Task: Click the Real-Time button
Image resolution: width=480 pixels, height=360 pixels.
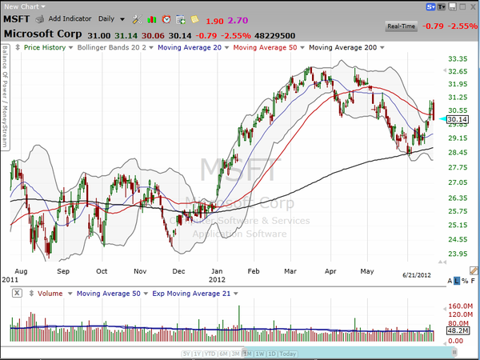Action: pyautogui.click(x=401, y=26)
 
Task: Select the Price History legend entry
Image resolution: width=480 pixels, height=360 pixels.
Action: pyautogui.click(x=44, y=48)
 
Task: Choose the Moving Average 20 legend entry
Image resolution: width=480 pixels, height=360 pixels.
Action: pyautogui.click(x=191, y=48)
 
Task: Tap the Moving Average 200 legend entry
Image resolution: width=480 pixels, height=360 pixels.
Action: pyautogui.click(x=344, y=48)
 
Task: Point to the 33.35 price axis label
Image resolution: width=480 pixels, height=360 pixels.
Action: pyautogui.click(x=458, y=59)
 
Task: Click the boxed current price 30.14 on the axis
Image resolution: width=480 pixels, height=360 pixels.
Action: pyautogui.click(x=458, y=119)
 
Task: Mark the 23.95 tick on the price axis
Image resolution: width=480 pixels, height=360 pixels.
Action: pyautogui.click(x=458, y=254)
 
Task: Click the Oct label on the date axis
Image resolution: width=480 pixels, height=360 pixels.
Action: pyautogui.click(x=102, y=272)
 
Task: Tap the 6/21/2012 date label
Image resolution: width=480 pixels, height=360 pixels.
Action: pyautogui.click(x=417, y=274)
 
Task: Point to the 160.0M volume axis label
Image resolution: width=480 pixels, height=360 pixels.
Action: pyautogui.click(x=458, y=306)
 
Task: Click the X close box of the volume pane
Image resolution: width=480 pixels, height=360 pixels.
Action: pyautogui.click(x=16, y=294)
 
